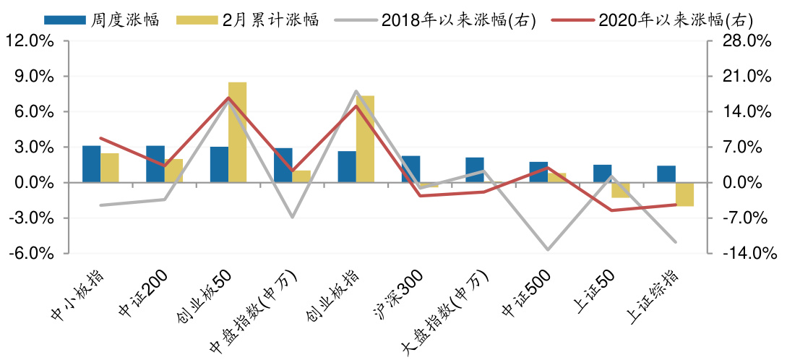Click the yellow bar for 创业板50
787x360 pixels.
coord(237,132)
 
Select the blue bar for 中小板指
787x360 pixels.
coord(91,164)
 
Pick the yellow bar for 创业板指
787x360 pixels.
coord(365,139)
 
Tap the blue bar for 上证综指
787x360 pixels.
coord(666,174)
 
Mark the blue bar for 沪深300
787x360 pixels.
coord(410,169)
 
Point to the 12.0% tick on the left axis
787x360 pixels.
coord(30,41)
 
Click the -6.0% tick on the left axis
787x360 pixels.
coord(30,254)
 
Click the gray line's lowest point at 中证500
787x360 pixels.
coord(548,249)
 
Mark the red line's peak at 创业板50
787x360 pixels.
coord(228,98)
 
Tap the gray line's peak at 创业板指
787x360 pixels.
coord(356,91)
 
